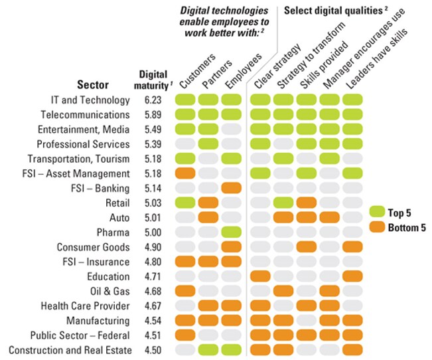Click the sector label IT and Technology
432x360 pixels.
(x=90, y=100)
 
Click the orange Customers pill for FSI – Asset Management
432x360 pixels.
(x=186, y=173)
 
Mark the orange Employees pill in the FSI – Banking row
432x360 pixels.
(x=232, y=188)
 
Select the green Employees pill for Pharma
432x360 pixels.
(x=232, y=232)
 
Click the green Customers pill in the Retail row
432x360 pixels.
(x=186, y=203)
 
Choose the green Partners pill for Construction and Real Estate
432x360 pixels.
(x=209, y=349)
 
